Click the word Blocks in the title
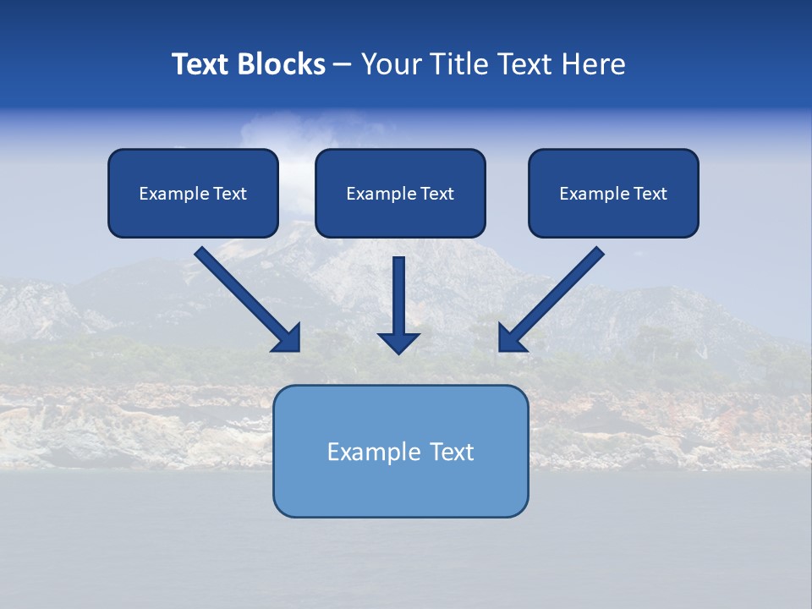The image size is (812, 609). click(282, 64)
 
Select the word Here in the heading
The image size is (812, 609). click(593, 64)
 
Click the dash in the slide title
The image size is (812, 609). click(343, 65)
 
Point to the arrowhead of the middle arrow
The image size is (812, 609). click(398, 343)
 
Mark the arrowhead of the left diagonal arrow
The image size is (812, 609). click(288, 339)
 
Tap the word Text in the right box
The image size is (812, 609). click(650, 194)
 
